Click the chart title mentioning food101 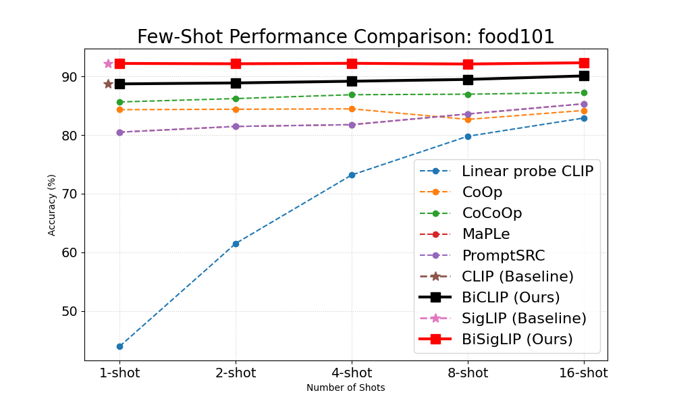[346, 37]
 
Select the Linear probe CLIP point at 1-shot [119, 346]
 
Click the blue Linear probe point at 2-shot [236, 244]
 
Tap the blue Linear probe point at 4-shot [352, 175]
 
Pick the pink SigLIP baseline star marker [108, 63]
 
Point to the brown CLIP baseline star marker [108, 84]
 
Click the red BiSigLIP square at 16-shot [584, 63]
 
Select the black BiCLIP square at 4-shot [352, 81]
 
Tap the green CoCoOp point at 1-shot [119, 102]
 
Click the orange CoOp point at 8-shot [468, 119]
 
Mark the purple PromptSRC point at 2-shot [236, 126]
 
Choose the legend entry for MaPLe [486, 234]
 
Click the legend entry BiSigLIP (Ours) [517, 339]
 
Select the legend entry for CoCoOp [492, 213]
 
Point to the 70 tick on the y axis [72, 194]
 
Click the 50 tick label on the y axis [72, 312]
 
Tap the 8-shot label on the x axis [468, 373]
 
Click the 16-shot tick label [584, 373]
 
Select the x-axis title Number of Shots [346, 388]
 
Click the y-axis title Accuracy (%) [52, 205]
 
